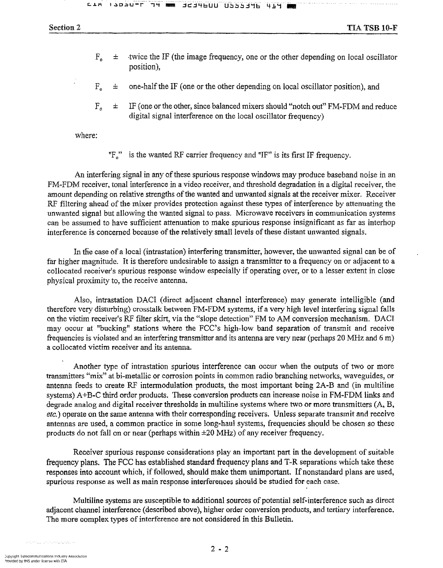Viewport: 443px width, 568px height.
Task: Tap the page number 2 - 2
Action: [220, 549]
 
